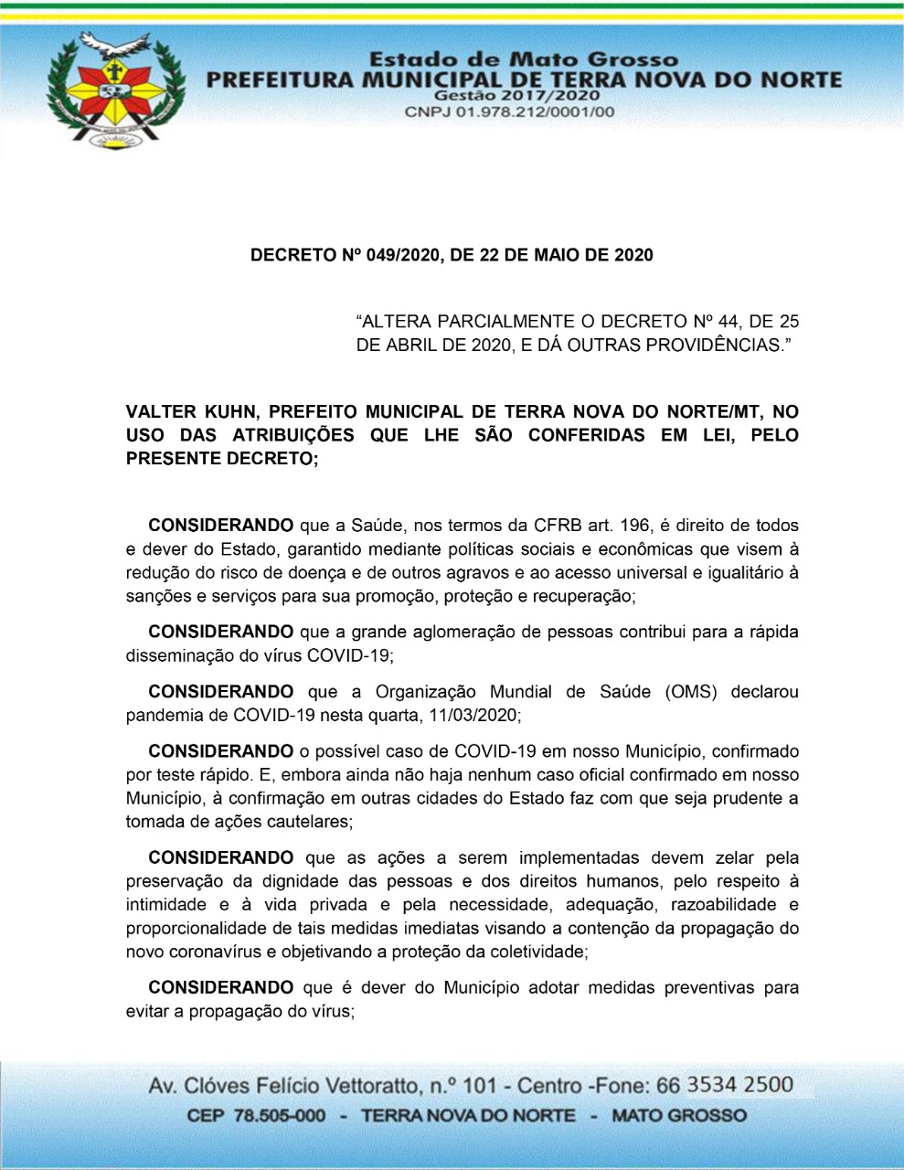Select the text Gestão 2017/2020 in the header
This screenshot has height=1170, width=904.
(x=517, y=95)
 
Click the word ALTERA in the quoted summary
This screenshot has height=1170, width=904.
(x=398, y=322)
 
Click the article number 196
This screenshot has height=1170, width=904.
(x=637, y=526)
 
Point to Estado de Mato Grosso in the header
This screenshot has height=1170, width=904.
(x=524, y=60)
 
